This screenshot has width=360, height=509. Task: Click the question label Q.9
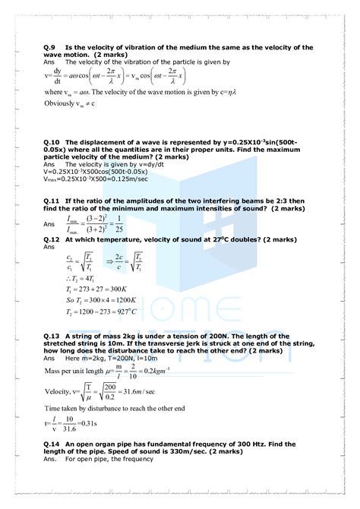click(51, 47)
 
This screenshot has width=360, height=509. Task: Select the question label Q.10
click(53, 142)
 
